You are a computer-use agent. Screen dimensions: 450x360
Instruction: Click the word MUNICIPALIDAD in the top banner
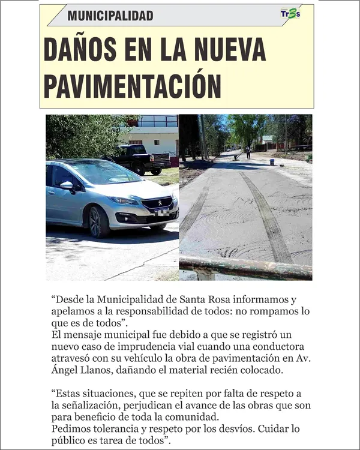pos(110,16)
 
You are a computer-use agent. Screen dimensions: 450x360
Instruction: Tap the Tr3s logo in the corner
pos(290,14)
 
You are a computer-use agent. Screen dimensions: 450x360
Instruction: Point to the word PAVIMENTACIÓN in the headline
pos(133,86)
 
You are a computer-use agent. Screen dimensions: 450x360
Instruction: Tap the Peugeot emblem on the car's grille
pos(160,203)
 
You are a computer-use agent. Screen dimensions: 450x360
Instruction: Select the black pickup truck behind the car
pos(142,158)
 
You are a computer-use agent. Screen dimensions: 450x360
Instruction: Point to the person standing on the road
pos(247,152)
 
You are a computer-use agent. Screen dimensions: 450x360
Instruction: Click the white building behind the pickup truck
pos(157,137)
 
